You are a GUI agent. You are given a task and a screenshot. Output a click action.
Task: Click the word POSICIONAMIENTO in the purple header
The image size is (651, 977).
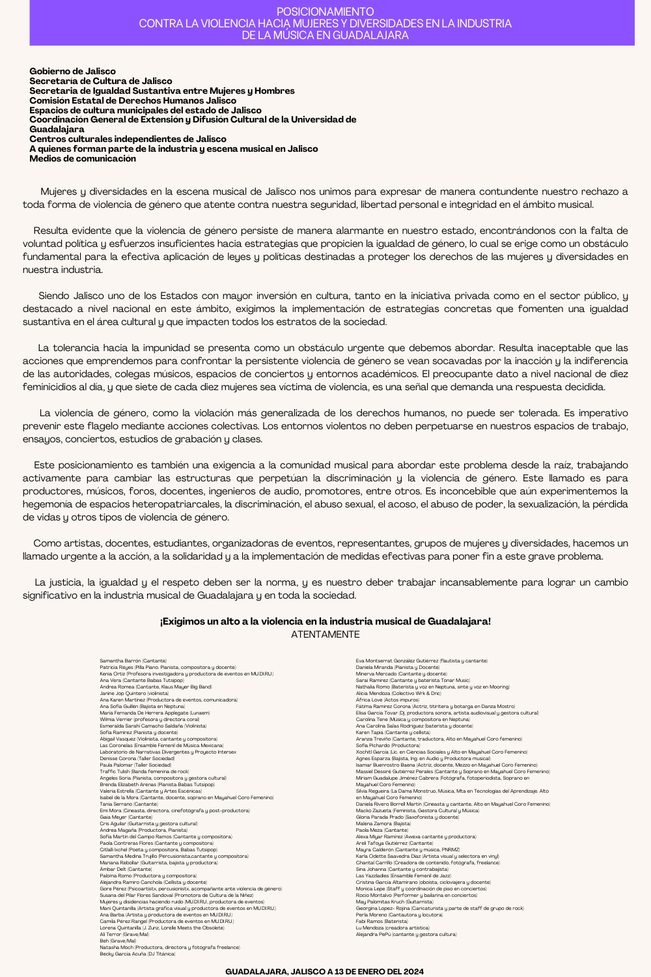pyautogui.click(x=325, y=12)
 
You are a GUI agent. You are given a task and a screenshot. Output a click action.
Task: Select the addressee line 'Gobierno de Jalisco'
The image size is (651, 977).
pyautogui.click(x=72, y=71)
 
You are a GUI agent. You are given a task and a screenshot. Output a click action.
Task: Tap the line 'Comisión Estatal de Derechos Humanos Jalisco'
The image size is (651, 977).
pyautogui.click(x=133, y=100)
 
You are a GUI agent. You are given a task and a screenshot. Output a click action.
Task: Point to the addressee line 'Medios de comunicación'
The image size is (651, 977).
pyautogui.click(x=83, y=158)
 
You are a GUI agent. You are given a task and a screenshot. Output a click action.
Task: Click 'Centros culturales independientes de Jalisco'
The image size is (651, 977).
pyautogui.click(x=128, y=139)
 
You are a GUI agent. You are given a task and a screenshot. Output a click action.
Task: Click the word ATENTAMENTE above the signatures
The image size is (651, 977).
pyautogui.click(x=325, y=634)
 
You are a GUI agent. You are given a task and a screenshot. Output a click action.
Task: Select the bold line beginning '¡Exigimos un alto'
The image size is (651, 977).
pyautogui.click(x=325, y=621)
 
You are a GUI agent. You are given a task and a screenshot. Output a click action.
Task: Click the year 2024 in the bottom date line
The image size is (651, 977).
pyautogui.click(x=412, y=971)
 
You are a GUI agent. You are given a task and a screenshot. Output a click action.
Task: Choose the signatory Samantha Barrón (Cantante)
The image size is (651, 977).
pyautogui.click(x=133, y=661)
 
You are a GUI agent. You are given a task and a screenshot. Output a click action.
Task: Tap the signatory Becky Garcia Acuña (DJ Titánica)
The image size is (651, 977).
pyautogui.click(x=137, y=954)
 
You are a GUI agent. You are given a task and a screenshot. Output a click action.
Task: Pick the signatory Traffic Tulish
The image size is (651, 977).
pyautogui.click(x=144, y=771)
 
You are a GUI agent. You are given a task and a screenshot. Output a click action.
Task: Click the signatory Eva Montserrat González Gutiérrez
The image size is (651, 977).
pyautogui.click(x=421, y=661)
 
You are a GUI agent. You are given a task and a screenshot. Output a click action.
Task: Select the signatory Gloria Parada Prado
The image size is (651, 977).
pyautogui.click(x=407, y=817)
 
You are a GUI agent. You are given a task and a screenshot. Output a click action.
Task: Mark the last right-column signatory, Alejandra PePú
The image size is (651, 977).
pyautogui.click(x=406, y=934)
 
